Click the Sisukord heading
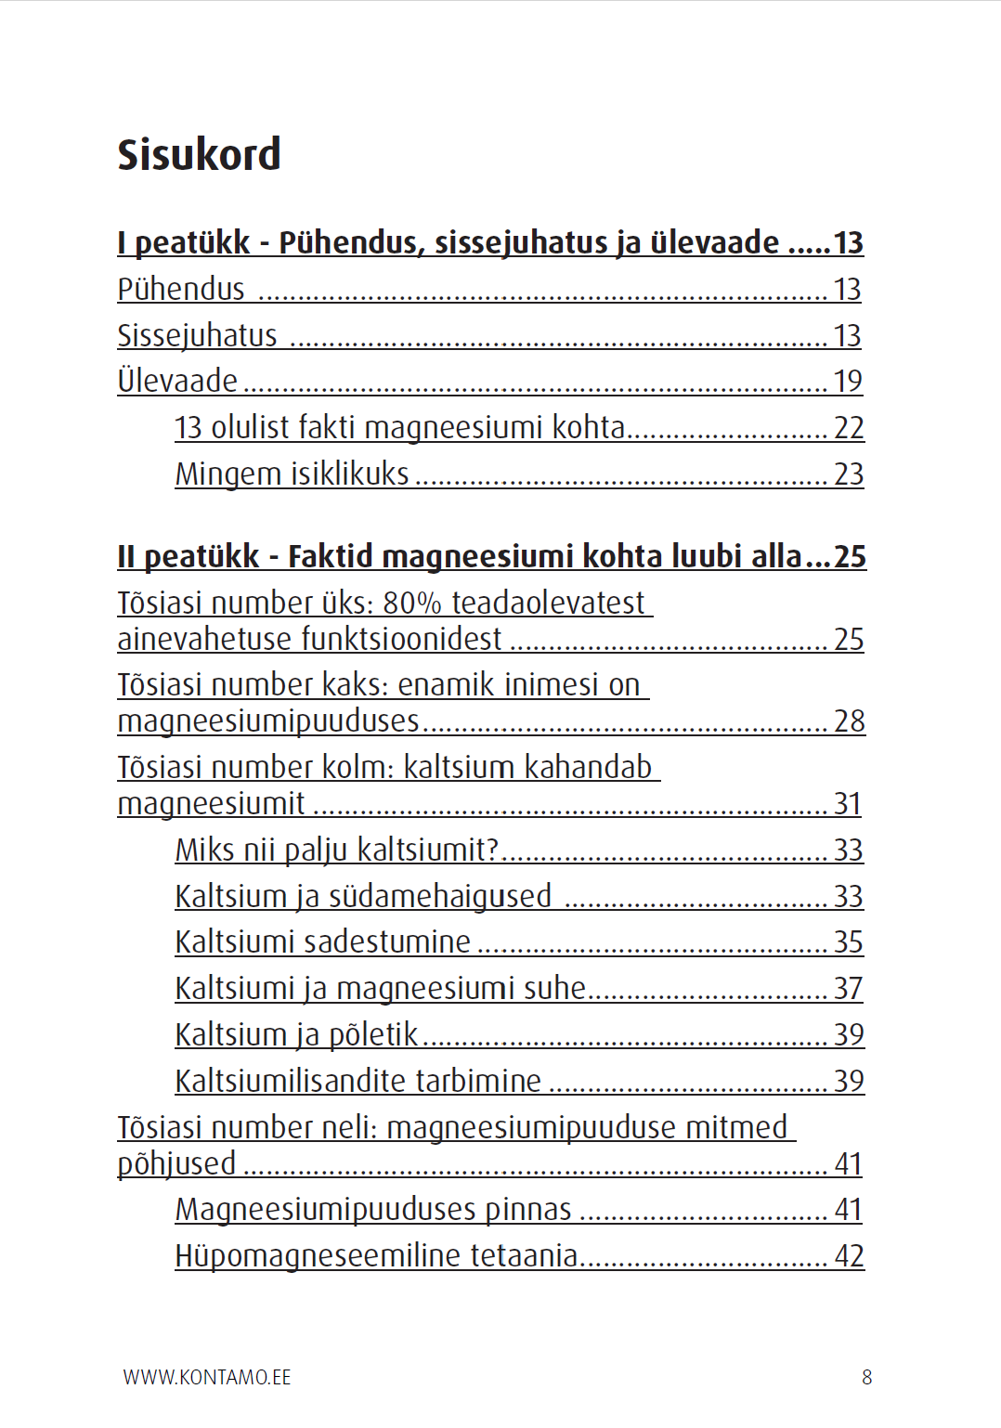199,154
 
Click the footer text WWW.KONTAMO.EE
207,1377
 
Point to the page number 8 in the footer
866,1377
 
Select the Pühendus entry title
181,290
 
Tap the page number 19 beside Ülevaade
848,382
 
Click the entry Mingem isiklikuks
292,474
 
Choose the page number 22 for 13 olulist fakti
849,428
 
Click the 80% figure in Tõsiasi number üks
411,604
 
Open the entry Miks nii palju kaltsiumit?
337,850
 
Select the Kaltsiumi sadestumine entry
323,942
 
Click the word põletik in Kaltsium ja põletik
374,1034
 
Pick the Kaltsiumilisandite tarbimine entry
358,1081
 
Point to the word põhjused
176,1163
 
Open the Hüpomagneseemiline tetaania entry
377,1256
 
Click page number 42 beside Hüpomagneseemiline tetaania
849,1256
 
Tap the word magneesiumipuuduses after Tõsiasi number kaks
268,721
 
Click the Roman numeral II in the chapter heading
126,556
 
